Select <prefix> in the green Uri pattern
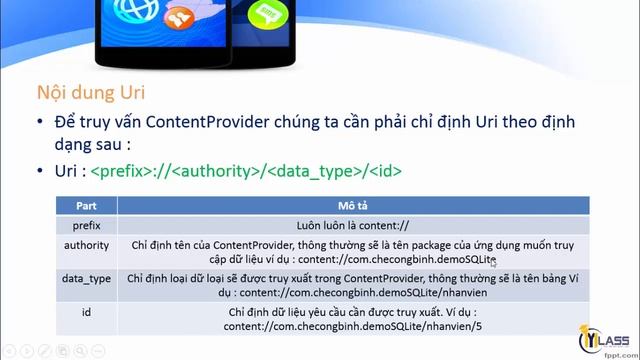120,171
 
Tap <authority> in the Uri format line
214,171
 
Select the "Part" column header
87,205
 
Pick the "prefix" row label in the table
87,225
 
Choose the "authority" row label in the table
87,244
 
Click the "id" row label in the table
87,312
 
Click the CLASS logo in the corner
604,336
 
